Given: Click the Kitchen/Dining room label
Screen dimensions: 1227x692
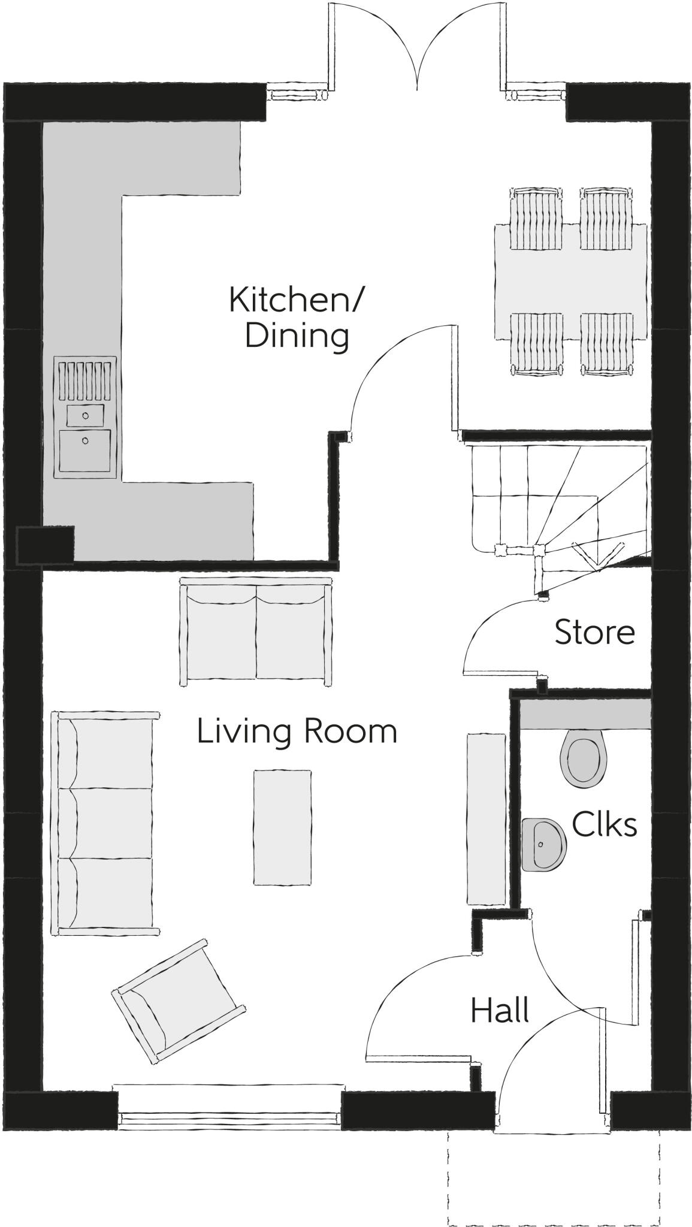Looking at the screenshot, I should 295,318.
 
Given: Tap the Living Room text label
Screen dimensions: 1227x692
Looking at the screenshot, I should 297,732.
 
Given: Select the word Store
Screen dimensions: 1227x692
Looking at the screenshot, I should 594,633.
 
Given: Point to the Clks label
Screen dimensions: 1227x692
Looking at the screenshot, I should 603,824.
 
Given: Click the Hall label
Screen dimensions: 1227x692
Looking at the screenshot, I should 500,1010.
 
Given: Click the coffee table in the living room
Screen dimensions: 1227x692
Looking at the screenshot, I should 282,827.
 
